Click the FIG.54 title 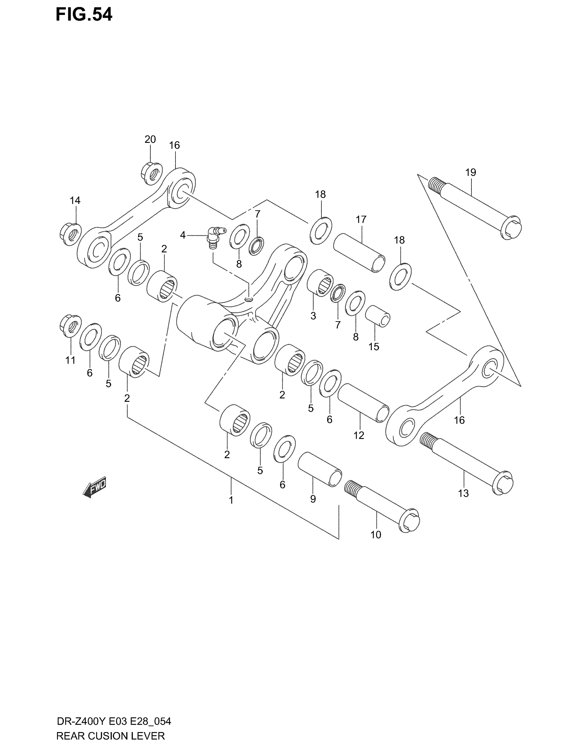click(84, 15)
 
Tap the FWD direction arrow click(95, 487)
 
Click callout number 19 click(470, 172)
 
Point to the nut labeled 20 click(152, 174)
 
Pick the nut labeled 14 click(70, 234)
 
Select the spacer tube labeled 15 click(377, 316)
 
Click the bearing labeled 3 click(320, 283)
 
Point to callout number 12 click(358, 435)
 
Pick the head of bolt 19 click(511, 227)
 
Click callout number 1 click(231, 500)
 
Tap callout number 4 click(183, 235)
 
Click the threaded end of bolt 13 click(427, 441)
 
